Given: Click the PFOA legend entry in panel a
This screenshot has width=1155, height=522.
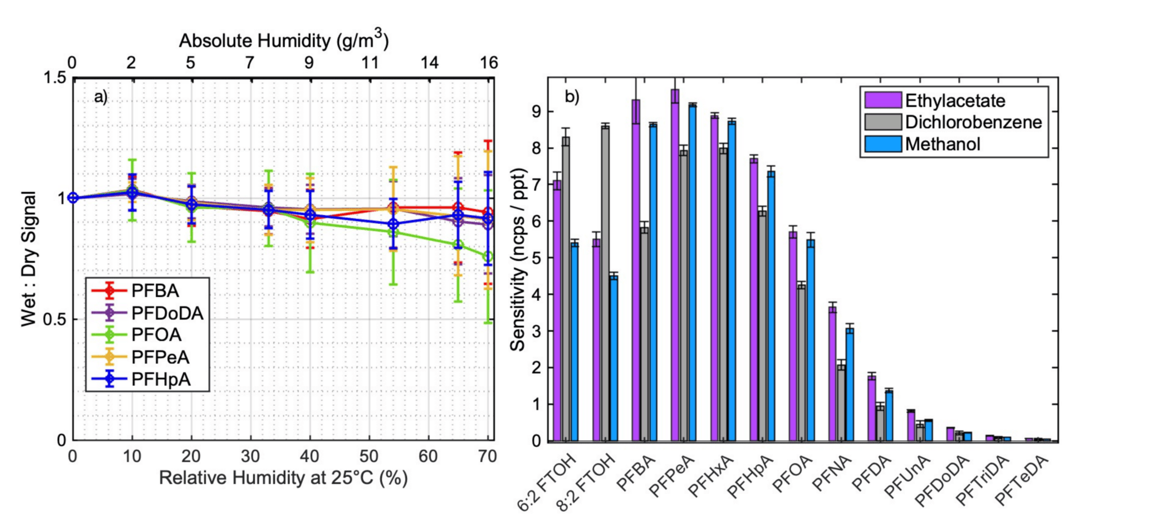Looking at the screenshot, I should coord(156,335).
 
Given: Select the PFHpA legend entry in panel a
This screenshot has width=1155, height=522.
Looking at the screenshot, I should coord(161,379).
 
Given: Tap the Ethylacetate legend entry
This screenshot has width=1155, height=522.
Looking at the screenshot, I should coord(955,101).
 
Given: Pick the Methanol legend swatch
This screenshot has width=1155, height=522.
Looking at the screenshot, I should coord(883,144).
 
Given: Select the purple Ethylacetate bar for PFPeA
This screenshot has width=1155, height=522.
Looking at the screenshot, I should coord(675,265).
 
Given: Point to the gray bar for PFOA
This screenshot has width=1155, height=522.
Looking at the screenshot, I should coord(801,363).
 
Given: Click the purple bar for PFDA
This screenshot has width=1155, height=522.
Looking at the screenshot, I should coord(872,408).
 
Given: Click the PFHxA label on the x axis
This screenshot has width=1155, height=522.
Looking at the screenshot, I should coord(712,477).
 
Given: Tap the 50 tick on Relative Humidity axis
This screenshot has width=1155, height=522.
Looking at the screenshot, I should coord(369,456).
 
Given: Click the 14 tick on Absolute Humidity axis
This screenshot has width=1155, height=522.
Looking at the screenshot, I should coord(429,63).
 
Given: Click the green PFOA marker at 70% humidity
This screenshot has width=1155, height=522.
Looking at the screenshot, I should coord(488,257).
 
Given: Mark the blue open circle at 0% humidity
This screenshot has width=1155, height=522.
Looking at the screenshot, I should coord(73,198).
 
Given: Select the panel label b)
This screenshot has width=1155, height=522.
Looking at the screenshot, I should coord(572,97).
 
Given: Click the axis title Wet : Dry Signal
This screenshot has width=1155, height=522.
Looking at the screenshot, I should coord(29,259).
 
